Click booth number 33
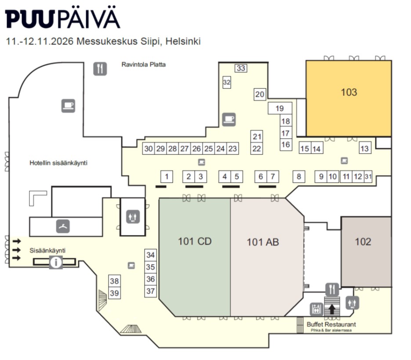[240, 68]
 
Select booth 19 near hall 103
[280, 108]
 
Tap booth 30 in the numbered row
[149, 148]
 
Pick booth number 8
[299, 176]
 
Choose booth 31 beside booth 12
[368, 176]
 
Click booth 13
[365, 148]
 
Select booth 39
[115, 293]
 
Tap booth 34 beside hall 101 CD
[150, 255]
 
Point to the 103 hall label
[349, 92]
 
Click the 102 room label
[363, 242]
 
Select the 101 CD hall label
[195, 241]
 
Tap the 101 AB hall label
[263, 242]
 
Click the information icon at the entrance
[56, 262]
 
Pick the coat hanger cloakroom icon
[63, 226]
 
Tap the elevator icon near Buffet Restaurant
[316, 309]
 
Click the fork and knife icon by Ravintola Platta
[100, 69]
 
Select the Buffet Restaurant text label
[331, 324]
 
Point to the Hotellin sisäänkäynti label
[58, 163]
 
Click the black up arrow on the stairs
[332, 309]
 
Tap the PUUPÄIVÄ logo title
[62, 18]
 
